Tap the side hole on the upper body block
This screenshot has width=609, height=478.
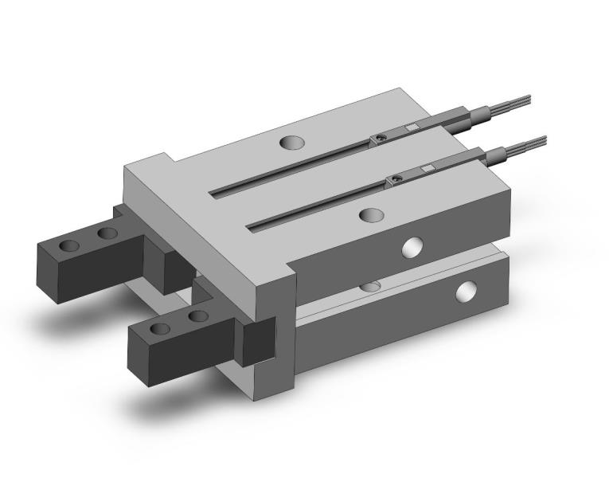click(x=413, y=248)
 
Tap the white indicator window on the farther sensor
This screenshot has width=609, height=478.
click(x=412, y=127)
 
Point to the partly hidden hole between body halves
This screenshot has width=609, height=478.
click(x=371, y=285)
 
